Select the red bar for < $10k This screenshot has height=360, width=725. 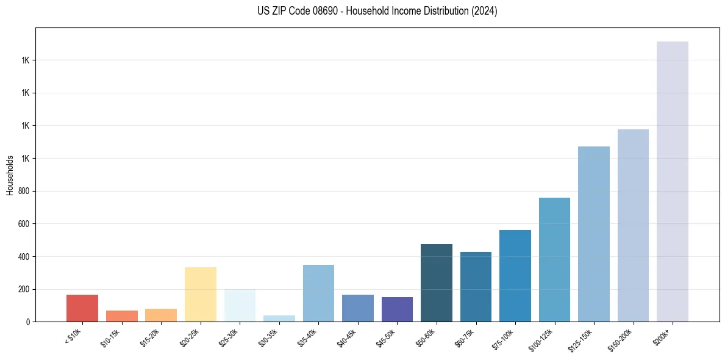coord(82,308)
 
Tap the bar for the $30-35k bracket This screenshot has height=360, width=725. coord(279,319)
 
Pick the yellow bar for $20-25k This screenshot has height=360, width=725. coord(201,294)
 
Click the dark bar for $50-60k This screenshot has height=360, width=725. coord(437,283)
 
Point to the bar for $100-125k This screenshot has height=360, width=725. coord(554,259)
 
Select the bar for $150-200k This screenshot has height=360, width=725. coord(633,225)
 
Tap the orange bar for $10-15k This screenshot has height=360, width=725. coord(122,316)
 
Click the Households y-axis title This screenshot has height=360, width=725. coord(10,175)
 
